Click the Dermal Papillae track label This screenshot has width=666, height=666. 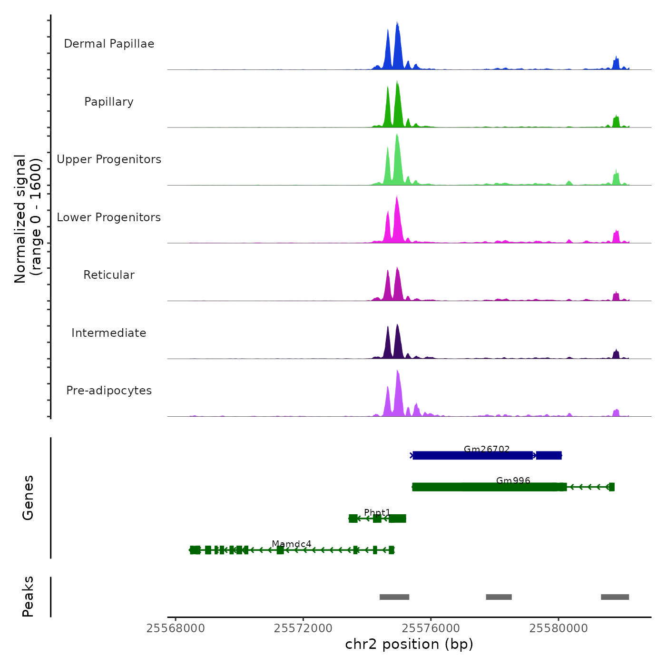[109, 44]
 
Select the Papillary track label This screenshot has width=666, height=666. [109, 102]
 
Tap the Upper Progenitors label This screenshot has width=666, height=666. [109, 159]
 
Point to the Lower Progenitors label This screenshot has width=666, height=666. [109, 217]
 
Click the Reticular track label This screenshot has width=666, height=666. [109, 275]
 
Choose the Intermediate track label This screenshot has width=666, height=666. [109, 333]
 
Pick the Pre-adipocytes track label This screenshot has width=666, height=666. [109, 391]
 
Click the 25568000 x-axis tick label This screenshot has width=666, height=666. [176, 628]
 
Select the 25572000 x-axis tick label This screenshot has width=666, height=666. [303, 628]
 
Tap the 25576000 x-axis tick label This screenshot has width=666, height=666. [431, 628]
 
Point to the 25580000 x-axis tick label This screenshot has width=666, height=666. [558, 628]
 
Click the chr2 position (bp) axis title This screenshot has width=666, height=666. [409, 644]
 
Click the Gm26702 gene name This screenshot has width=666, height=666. [487, 449]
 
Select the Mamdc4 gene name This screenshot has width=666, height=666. [292, 544]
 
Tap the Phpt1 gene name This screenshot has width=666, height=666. [377, 512]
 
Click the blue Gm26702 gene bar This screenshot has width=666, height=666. [472, 456]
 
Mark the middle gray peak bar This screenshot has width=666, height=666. [499, 597]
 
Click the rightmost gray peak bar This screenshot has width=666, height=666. [615, 597]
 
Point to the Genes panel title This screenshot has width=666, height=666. [28, 498]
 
